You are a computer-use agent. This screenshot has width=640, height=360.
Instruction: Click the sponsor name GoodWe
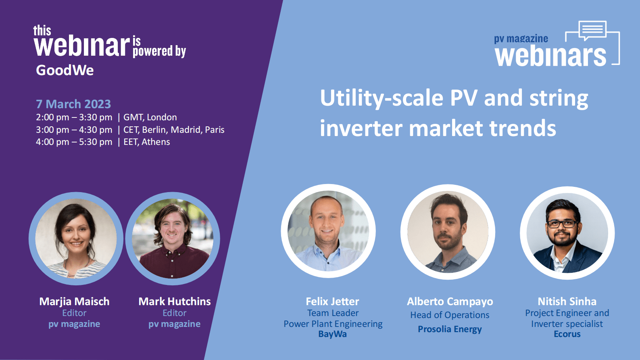(65, 70)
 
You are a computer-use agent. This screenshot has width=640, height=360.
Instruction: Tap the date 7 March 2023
(73, 104)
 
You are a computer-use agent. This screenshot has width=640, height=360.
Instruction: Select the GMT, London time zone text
(150, 117)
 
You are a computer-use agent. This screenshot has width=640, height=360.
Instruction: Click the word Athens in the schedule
(156, 142)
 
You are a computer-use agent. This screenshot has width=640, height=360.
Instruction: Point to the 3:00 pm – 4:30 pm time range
(74, 130)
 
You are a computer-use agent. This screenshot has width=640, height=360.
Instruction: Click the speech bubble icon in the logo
(592, 30)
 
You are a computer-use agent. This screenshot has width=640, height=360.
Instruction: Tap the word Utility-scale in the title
(382, 98)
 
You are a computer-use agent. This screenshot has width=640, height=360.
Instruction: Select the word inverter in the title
(361, 129)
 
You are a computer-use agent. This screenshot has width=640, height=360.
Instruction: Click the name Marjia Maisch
(74, 301)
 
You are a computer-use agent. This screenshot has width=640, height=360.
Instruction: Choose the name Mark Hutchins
(175, 301)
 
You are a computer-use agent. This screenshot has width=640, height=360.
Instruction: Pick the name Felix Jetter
(333, 301)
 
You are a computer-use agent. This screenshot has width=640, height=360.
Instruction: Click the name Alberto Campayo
(450, 301)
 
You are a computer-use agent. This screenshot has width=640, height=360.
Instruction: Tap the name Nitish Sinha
(567, 301)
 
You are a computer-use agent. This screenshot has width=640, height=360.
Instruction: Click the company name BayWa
(333, 334)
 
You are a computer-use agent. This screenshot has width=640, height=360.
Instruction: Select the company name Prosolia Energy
(450, 329)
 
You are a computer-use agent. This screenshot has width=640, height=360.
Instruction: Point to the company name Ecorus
(567, 334)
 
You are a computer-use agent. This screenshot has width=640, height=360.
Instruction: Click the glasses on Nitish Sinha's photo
(562, 224)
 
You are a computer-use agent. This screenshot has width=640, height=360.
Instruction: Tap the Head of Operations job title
(450, 315)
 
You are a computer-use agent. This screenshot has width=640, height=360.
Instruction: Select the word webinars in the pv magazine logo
(550, 57)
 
